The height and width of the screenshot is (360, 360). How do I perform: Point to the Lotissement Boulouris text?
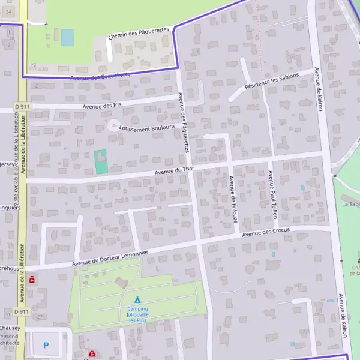pos(147,128)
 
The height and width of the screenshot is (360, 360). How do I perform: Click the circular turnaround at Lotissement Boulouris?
pos(113,126)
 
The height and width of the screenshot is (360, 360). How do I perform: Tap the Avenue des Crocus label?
pos(266,231)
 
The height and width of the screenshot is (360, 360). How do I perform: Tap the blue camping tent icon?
pos(137,299)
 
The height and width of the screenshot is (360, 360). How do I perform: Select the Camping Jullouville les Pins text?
pos(137,314)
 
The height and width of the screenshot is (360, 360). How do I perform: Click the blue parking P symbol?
pos(47,345)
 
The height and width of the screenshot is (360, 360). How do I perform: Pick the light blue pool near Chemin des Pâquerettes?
pos(67,37)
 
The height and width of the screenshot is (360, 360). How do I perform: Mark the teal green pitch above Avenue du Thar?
pos(100,162)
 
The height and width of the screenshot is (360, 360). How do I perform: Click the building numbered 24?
pos(8,11)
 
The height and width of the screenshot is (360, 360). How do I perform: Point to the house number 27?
pos(40,316)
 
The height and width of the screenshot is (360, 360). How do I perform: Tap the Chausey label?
pos(10,328)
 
